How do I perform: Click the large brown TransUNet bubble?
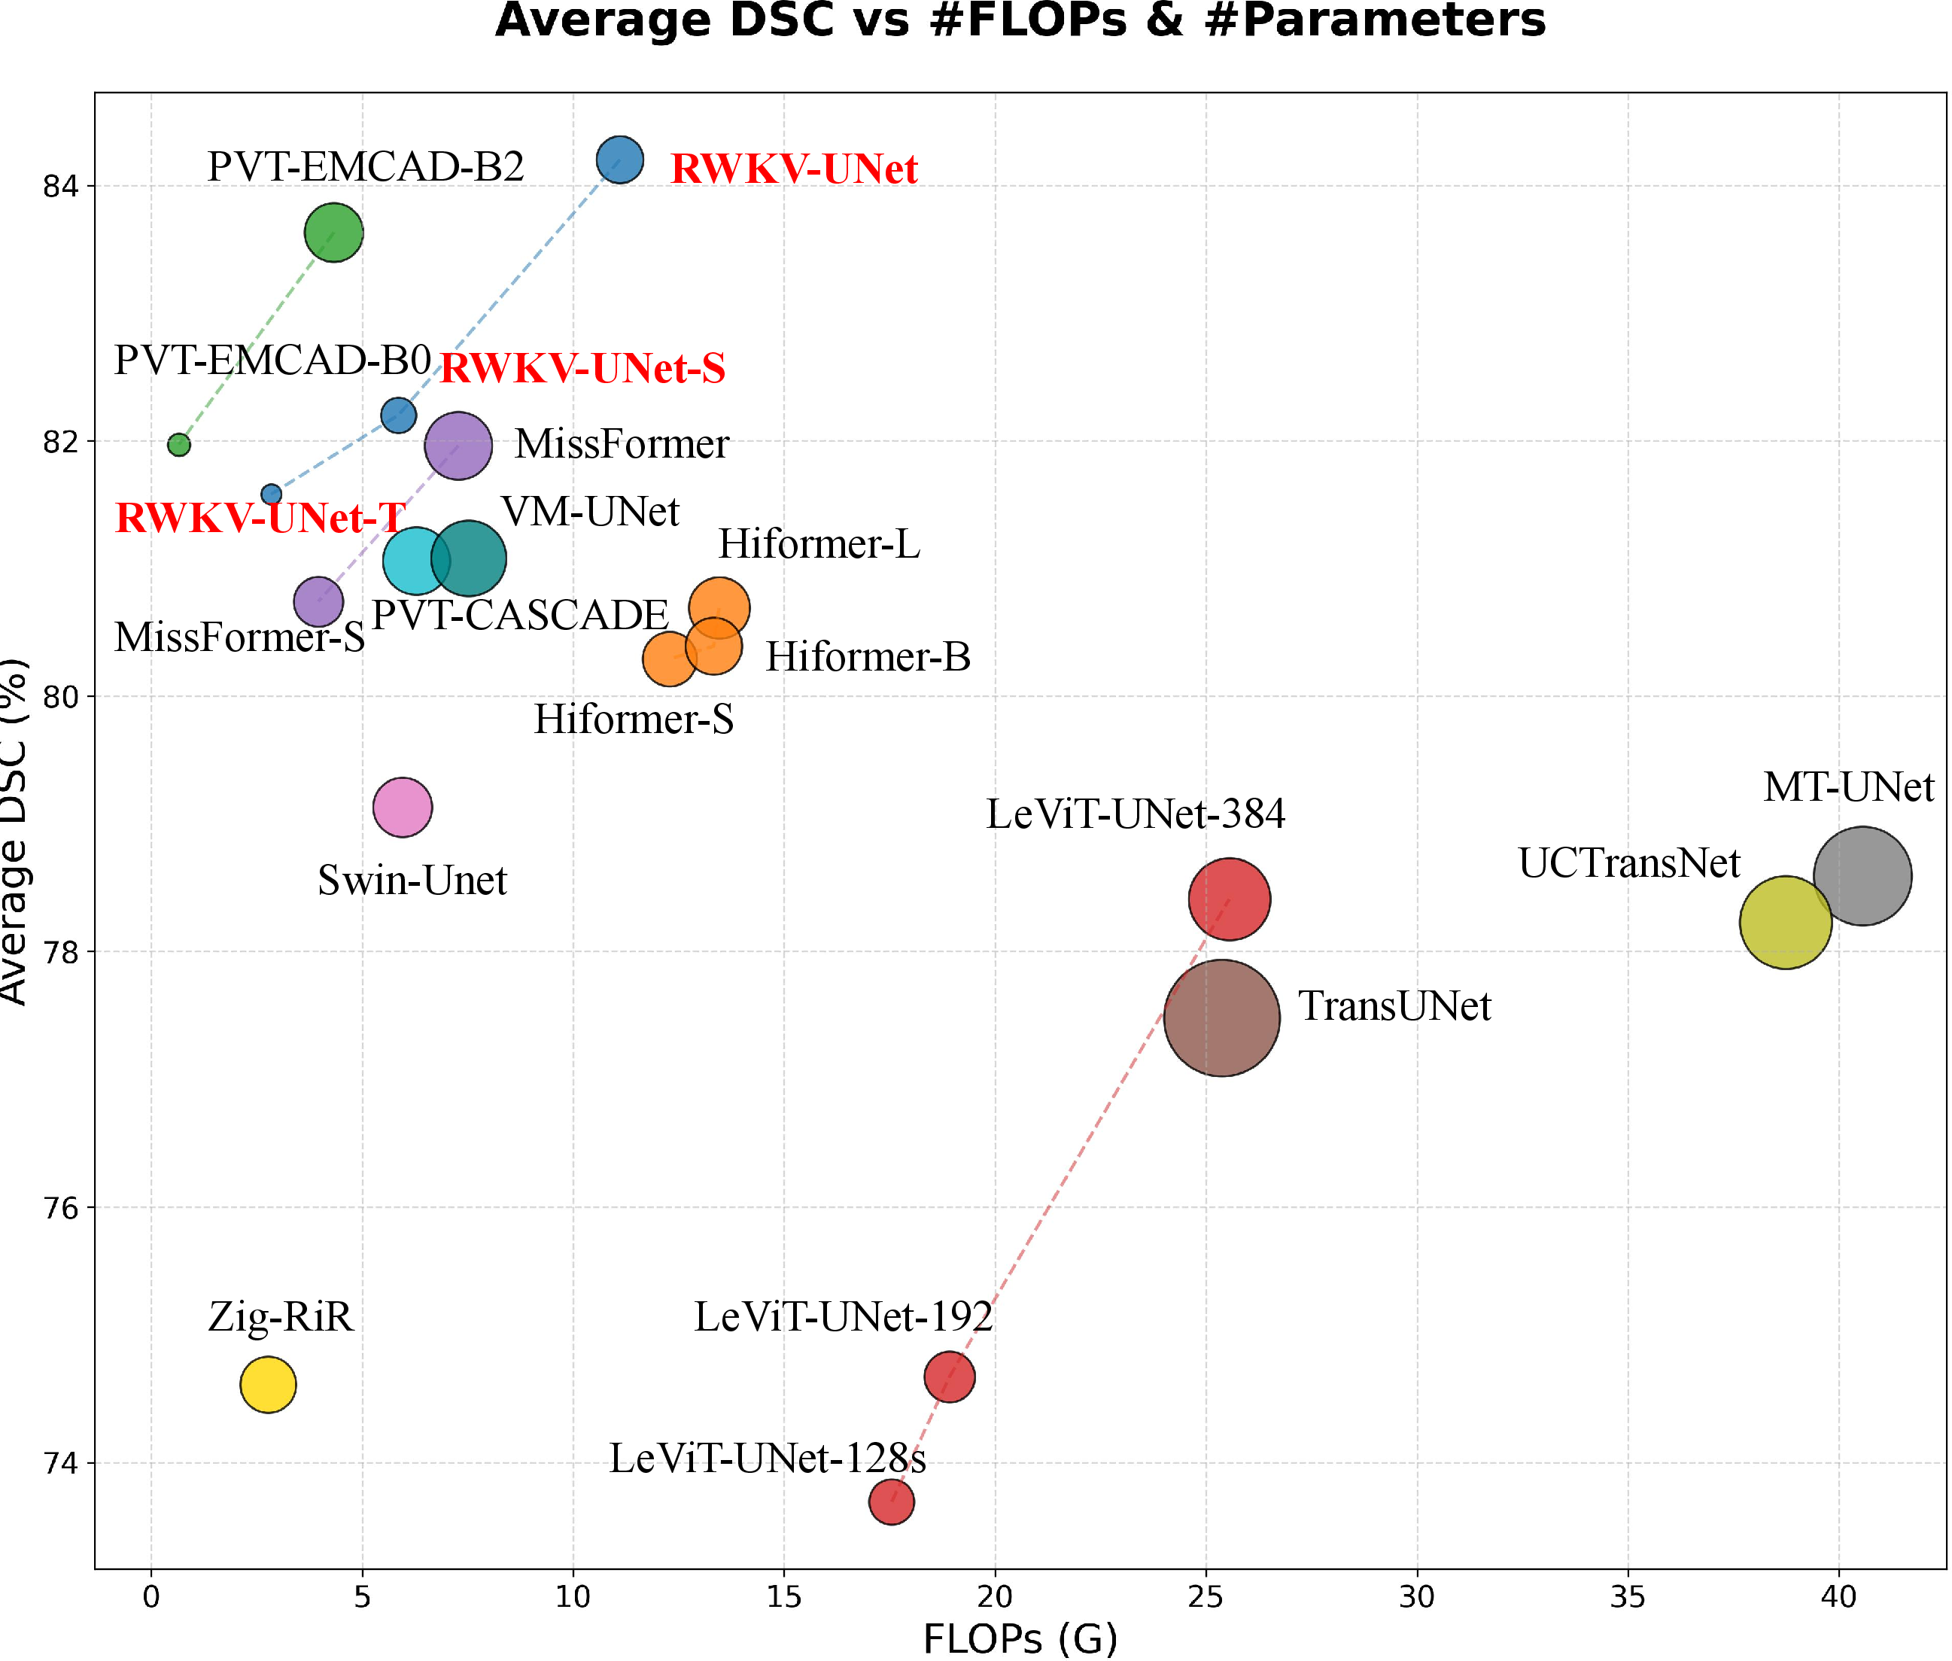(x=1221, y=1017)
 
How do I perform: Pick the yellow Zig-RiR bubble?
(x=269, y=1383)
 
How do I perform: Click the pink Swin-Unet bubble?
(x=402, y=806)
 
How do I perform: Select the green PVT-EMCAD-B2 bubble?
(x=333, y=232)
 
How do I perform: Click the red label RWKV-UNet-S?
(x=583, y=368)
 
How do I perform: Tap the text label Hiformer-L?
(x=818, y=543)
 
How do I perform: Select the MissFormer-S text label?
(x=239, y=637)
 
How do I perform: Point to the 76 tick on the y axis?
(x=60, y=1208)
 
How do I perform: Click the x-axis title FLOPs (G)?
(x=1020, y=1638)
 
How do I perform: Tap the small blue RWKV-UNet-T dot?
(x=271, y=494)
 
